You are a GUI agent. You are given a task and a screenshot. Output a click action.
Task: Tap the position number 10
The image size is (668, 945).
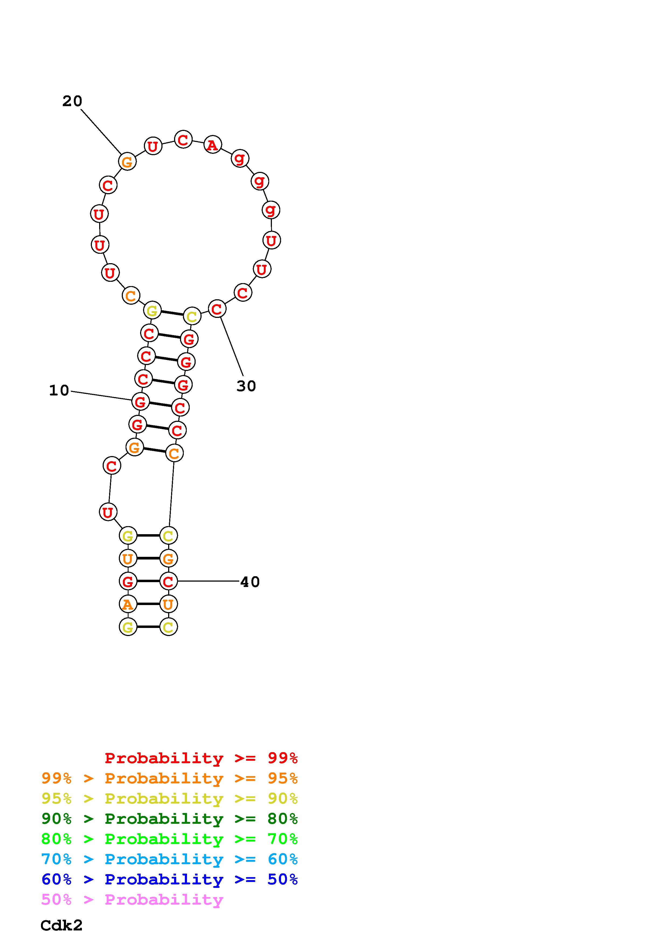coord(59,390)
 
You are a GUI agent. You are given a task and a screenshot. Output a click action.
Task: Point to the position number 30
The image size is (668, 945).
coord(246,386)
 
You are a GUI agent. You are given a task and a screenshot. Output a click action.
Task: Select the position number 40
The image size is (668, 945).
coord(250,582)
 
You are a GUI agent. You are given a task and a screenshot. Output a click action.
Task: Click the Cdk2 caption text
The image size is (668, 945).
coord(61,925)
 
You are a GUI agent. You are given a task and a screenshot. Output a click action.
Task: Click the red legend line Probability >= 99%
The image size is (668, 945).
coord(201,758)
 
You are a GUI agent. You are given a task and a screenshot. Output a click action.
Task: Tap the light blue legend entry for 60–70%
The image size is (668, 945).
coord(169,859)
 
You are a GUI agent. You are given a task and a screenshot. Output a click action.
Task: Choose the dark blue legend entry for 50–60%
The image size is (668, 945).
coord(169,879)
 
